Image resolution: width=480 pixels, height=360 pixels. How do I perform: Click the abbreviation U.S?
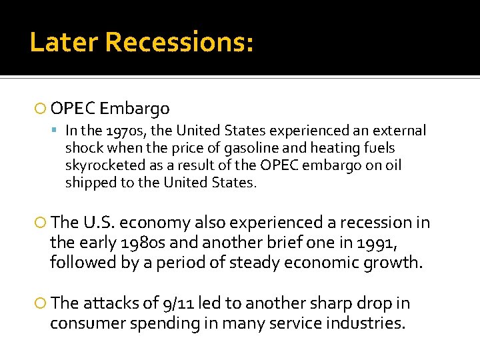(102, 223)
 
